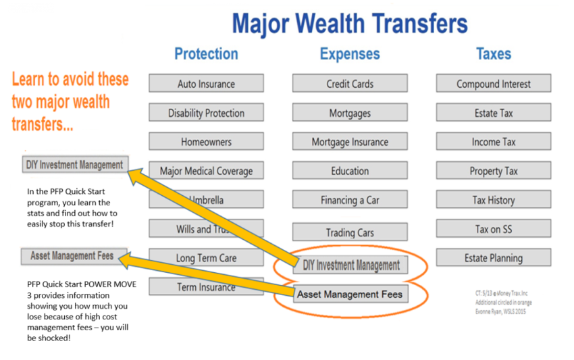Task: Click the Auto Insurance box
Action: (206, 84)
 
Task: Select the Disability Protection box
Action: (206, 113)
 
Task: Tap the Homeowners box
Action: (206, 142)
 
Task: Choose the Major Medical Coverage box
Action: (206, 171)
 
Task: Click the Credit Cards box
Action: (350, 84)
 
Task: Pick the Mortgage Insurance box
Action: (350, 142)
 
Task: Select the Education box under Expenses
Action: (350, 171)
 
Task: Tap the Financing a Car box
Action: (350, 200)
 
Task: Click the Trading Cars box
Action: (350, 232)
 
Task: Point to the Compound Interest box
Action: (494, 84)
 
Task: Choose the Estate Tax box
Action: (494, 113)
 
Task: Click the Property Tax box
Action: (494, 171)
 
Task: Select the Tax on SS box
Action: (494, 229)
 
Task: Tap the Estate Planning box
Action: (494, 257)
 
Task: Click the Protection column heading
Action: (206, 54)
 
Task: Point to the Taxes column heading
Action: (494, 54)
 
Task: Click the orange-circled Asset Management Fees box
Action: (350, 294)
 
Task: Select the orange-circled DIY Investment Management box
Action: (350, 265)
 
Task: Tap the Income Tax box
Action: (494, 142)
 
